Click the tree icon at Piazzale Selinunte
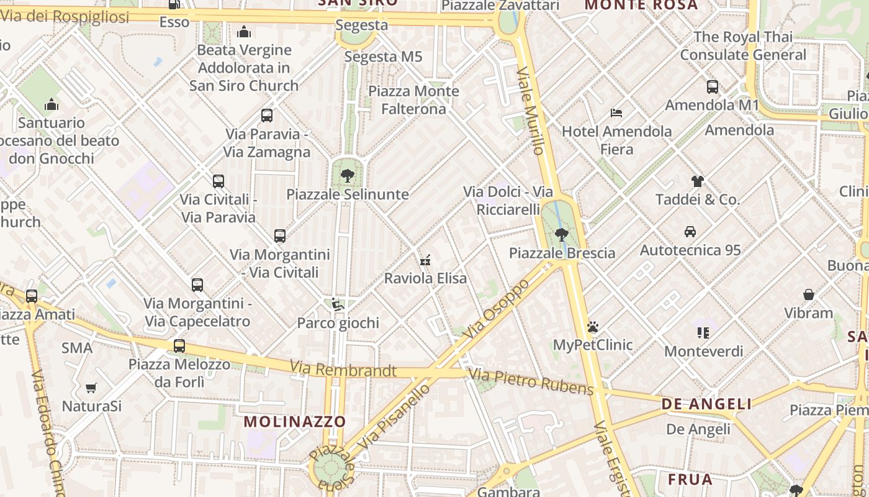348,176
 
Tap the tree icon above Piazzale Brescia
562,234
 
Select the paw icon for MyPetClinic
593,326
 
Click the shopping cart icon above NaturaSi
91,388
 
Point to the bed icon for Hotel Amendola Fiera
616,113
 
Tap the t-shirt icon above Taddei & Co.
698,181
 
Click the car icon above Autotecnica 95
690,232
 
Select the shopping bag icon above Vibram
809,294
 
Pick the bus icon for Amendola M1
713,87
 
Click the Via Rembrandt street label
343,370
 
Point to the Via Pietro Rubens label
531,381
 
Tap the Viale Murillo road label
531,111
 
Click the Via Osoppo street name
497,309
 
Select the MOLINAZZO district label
294,421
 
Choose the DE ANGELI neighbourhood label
706,404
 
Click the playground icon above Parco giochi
338,305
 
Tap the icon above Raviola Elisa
425,260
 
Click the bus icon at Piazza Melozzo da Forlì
179,346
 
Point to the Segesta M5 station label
383,57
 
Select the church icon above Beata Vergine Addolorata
244,32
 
